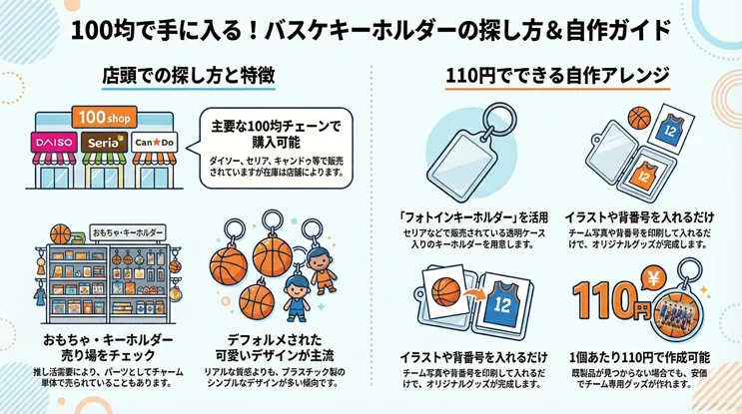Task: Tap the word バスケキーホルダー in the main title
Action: (349, 28)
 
